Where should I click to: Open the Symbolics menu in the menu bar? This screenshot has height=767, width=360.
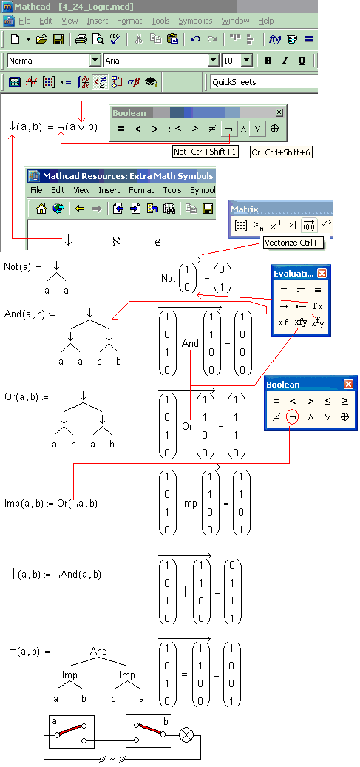pos(195,21)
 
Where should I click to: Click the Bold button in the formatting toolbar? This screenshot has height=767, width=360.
pos(268,61)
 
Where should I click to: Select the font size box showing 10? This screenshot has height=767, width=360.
pos(237,61)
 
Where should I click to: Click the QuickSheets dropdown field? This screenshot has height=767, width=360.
pos(264,81)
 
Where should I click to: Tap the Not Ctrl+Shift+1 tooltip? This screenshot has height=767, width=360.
pos(206,152)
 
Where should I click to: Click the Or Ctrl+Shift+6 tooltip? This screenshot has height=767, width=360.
pos(281,152)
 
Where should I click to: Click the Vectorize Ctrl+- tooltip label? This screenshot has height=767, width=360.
pos(293,243)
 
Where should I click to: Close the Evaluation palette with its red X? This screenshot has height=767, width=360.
pos(322,274)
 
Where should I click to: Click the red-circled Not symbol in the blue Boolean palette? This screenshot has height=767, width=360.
pos(293,416)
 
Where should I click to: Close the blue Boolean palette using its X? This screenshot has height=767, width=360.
pos(348,385)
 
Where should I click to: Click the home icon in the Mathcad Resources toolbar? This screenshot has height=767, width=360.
pos(41,209)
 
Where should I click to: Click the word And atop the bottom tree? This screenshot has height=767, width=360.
pos(98,651)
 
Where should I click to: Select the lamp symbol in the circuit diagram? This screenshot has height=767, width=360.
pos(186,734)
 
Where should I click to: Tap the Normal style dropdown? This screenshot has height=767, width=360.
pos(54,61)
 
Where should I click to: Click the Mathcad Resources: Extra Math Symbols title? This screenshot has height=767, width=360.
pos(128,176)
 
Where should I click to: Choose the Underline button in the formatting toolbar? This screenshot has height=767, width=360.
pos(302,61)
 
